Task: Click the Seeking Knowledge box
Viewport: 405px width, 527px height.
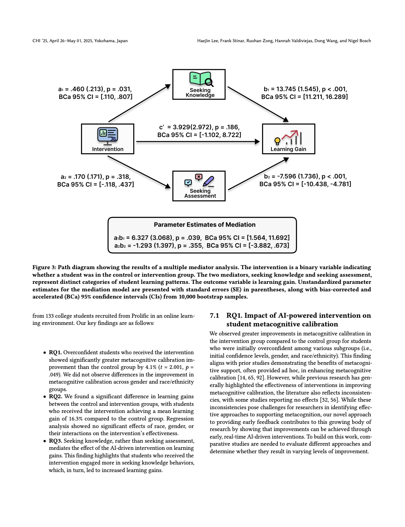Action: point(199,84)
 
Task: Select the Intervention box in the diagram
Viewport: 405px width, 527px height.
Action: point(108,139)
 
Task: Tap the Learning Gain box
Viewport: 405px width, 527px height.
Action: point(288,139)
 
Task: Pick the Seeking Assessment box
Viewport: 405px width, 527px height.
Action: point(199,186)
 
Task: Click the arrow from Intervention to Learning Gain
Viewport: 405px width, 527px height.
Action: point(198,142)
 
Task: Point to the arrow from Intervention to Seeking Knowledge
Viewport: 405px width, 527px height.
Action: point(139,104)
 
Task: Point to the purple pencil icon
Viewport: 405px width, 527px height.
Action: point(209,181)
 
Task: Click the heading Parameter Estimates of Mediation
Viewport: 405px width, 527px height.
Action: point(204,225)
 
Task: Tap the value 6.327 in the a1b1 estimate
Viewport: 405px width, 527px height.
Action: point(140,238)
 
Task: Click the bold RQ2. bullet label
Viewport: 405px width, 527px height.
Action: point(55,396)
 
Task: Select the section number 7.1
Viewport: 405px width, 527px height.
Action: point(215,315)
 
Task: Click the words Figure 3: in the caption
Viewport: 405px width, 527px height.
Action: point(44,267)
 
